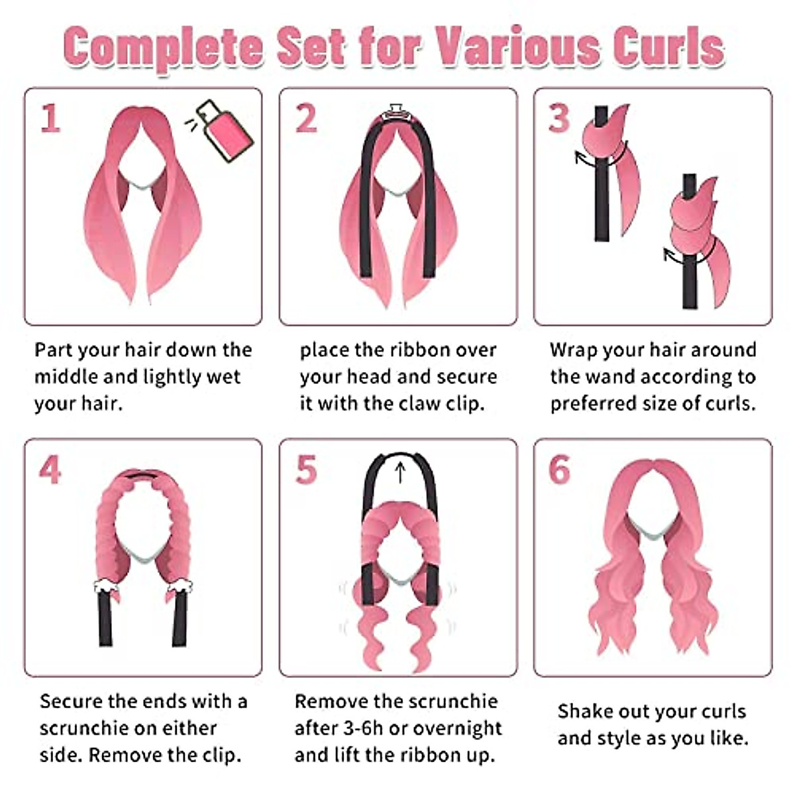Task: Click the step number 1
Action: (x=50, y=119)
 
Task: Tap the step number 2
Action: (x=305, y=119)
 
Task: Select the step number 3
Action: (x=558, y=119)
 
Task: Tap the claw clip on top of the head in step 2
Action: (x=396, y=111)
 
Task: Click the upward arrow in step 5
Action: (x=399, y=471)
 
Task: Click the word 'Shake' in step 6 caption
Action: (x=584, y=712)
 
